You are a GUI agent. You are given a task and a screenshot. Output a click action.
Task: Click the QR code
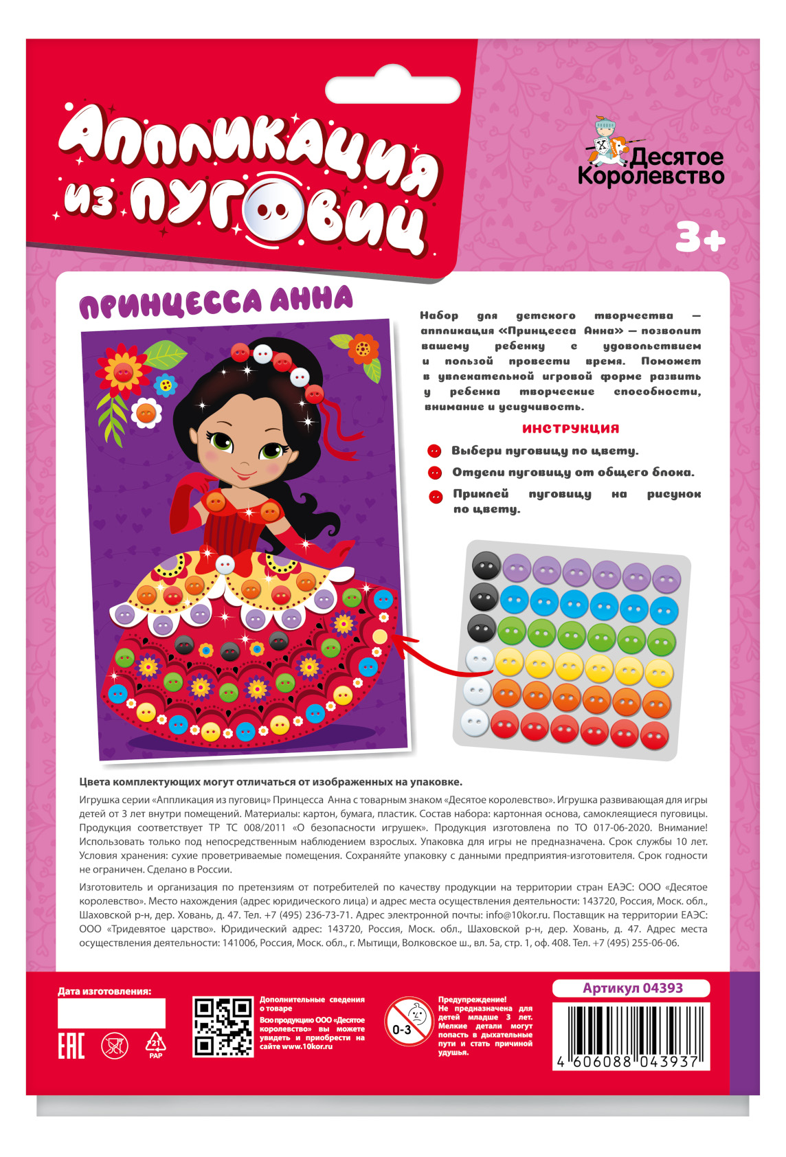(x=223, y=1026)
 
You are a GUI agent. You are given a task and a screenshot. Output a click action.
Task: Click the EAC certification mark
(x=71, y=1046)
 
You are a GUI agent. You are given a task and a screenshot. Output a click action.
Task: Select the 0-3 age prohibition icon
(x=408, y=1022)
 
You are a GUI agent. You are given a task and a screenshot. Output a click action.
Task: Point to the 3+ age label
(x=699, y=238)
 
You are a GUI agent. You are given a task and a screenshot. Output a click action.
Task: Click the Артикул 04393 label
(x=632, y=988)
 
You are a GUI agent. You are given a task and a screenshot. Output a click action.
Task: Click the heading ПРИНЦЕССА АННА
(x=216, y=302)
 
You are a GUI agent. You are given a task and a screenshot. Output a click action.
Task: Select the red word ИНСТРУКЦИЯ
(x=570, y=428)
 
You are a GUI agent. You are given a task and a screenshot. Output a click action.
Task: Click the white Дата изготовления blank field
(x=111, y=1013)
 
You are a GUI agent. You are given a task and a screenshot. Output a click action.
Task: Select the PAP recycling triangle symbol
(x=156, y=1044)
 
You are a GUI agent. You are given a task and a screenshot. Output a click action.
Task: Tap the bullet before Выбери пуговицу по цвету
(x=434, y=451)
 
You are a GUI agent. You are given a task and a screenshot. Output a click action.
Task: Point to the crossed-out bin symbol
(x=115, y=1046)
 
